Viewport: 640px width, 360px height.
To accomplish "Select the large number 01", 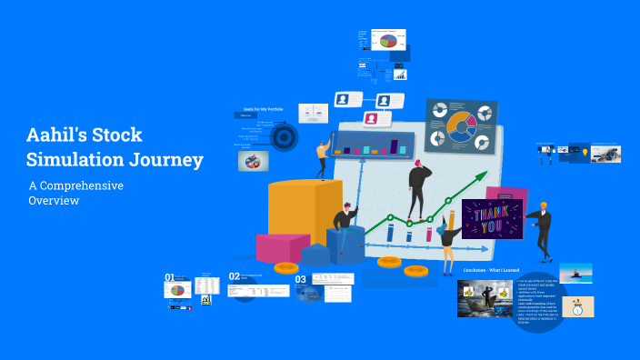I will click(169, 277).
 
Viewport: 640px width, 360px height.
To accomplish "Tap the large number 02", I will click(234, 276).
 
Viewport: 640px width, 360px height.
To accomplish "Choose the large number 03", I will click(300, 280).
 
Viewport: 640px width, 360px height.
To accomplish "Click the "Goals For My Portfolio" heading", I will click(263, 109).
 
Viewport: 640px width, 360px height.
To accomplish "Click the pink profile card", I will click(371, 119).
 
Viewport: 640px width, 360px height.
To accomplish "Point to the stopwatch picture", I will click(579, 307).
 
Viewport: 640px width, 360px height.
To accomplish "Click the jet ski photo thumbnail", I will click(575, 272).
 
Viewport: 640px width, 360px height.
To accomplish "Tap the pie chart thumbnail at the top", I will click(390, 41).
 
